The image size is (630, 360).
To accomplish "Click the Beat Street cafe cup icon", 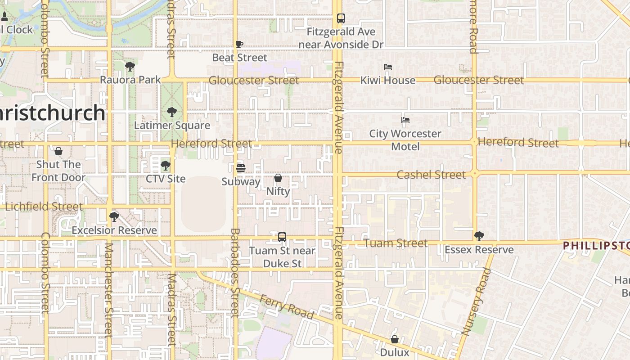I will [x=239, y=44].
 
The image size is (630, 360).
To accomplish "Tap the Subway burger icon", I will [x=241, y=168].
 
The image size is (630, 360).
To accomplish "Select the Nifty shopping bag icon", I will [x=278, y=178].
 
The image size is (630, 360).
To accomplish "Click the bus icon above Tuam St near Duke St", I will [x=282, y=237].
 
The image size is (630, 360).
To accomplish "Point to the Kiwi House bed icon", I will [x=388, y=67].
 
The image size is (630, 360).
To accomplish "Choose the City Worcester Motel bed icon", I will [x=405, y=120].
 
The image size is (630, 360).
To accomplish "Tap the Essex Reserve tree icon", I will [x=479, y=236].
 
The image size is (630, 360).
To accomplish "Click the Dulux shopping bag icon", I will [x=395, y=339].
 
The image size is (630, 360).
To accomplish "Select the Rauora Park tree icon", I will [x=130, y=67].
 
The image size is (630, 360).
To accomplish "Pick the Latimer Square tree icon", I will [x=171, y=112].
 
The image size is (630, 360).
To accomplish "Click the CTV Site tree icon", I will [x=166, y=166].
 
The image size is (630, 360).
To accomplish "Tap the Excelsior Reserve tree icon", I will [x=114, y=217].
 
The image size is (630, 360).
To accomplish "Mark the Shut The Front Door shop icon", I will [x=58, y=151].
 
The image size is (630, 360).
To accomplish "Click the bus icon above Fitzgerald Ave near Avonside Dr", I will [x=341, y=18].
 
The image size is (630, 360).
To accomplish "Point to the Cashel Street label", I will [x=431, y=175].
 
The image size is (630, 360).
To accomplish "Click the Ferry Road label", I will [x=287, y=307].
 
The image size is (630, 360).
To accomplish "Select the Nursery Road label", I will [x=477, y=301].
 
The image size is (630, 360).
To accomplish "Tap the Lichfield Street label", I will [x=44, y=207].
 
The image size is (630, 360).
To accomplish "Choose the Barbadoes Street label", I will [x=235, y=273].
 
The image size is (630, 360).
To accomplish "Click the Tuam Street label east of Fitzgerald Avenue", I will [x=396, y=243].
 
